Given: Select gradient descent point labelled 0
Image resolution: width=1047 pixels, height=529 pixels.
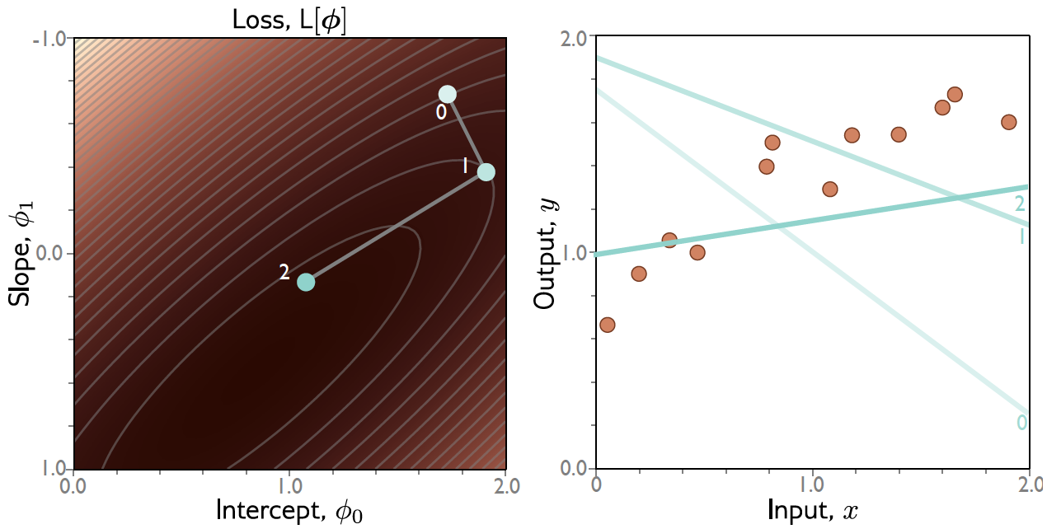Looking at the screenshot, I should (x=447, y=94).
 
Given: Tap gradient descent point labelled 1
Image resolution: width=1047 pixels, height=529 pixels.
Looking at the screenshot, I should (x=486, y=172).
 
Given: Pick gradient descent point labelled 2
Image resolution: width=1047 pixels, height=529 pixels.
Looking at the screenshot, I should (x=306, y=282).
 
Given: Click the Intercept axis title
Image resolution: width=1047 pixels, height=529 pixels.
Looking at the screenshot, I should (x=289, y=511).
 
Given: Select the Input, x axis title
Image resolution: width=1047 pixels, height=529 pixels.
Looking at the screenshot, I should (x=813, y=511).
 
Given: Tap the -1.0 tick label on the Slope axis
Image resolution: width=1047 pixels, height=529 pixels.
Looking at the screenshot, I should (x=52, y=40).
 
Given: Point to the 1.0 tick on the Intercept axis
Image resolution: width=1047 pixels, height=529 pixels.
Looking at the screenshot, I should (x=289, y=485).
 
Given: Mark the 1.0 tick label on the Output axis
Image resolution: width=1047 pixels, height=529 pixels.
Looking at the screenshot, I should (x=574, y=254).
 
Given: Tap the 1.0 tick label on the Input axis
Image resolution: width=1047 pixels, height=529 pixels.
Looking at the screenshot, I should (x=813, y=485).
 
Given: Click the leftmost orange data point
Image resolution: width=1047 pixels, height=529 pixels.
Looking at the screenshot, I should (x=608, y=325).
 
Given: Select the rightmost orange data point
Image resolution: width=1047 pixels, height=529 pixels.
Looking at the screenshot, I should (x=1008, y=122).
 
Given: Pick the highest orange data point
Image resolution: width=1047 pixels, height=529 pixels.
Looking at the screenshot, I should (x=955, y=94).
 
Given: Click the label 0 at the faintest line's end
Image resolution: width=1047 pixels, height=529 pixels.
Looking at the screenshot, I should (x=1021, y=423).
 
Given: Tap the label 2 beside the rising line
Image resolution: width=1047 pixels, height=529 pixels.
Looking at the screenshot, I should (x=1020, y=204).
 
